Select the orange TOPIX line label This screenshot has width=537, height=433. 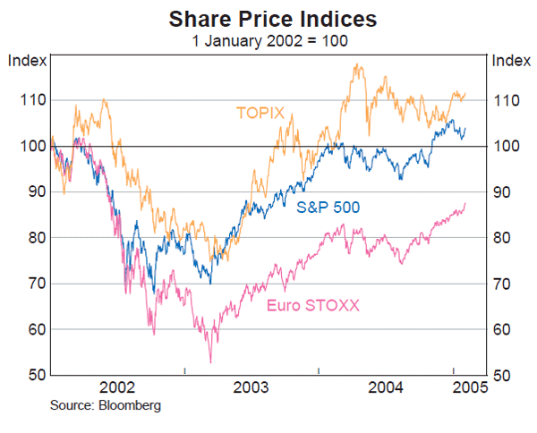[260, 113]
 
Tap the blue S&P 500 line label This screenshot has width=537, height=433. [328, 208]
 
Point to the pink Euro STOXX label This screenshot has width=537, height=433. [312, 305]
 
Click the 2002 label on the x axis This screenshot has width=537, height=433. [117, 387]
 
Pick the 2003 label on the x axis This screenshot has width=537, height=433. [251, 387]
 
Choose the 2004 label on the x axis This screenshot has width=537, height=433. [386, 387]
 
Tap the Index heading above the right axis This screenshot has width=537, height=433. [511, 60]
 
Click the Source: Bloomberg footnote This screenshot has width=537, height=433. [107, 405]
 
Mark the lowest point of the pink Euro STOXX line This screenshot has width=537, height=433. [210, 362]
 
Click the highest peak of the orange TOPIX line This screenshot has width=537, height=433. [357, 64]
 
